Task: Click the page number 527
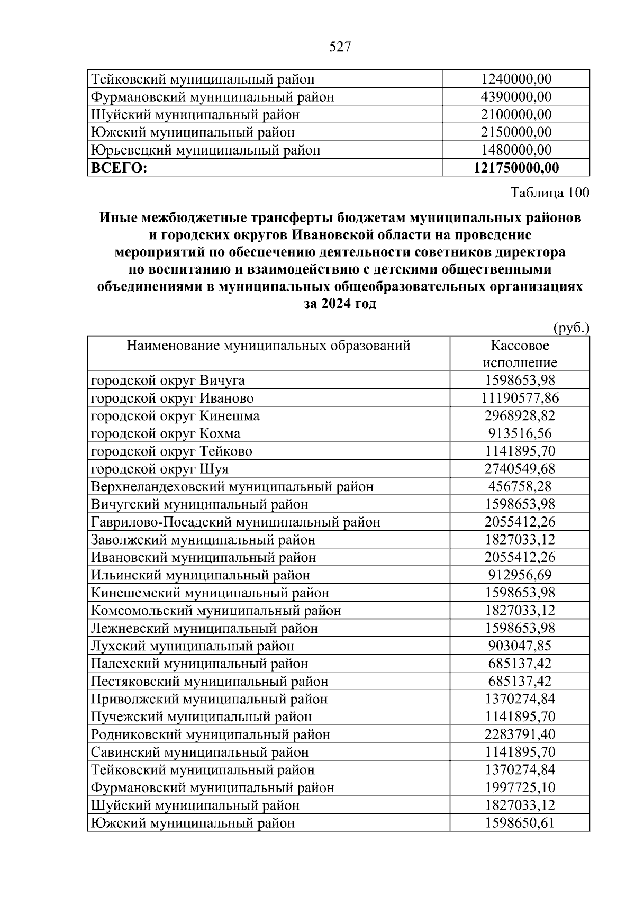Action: (340, 48)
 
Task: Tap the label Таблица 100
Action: (549, 193)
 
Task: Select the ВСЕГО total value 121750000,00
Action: (516, 168)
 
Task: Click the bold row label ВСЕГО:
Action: (119, 168)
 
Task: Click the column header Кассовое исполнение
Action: (520, 354)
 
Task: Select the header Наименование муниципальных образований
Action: (268, 346)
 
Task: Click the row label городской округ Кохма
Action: (166, 433)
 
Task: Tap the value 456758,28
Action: (520, 486)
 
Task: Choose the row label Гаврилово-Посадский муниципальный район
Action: (235, 522)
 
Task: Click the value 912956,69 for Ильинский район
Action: (520, 575)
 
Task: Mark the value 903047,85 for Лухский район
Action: (520, 646)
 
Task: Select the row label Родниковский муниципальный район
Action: (210, 734)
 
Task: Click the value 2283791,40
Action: (520, 734)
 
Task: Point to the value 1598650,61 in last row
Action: (520, 823)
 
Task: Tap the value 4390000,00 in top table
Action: (516, 97)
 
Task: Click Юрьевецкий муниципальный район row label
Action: (205, 150)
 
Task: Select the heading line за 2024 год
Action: (340, 304)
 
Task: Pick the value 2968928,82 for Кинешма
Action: (520, 415)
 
